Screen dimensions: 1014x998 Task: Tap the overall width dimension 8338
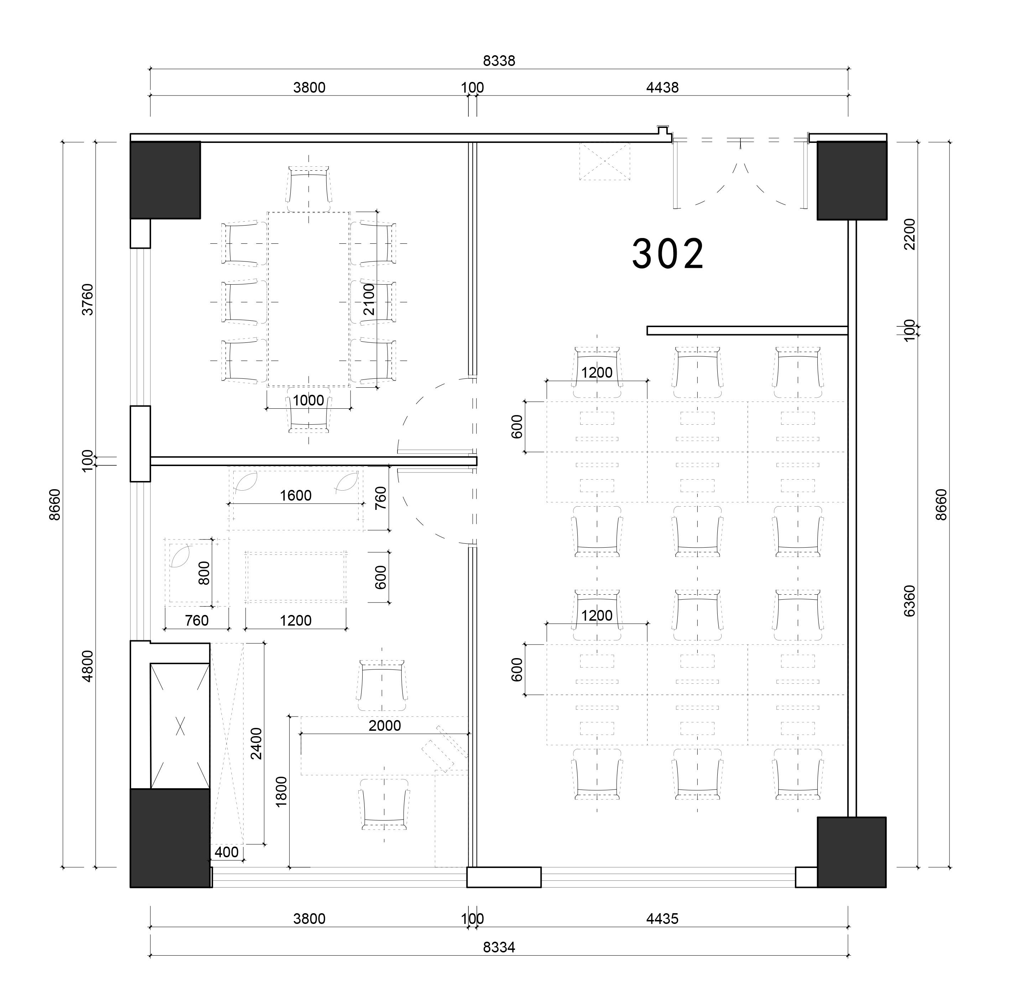pos(499,61)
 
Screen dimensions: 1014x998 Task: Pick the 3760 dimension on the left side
pos(88,299)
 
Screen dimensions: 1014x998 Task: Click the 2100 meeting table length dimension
pos(369,299)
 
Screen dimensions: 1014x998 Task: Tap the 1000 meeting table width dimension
pos(308,400)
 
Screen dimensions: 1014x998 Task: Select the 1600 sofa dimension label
pos(296,495)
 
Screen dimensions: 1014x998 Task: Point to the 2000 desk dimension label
pos(385,725)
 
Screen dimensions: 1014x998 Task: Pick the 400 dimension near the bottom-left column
pos(227,852)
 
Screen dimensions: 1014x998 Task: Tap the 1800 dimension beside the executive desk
pos(281,791)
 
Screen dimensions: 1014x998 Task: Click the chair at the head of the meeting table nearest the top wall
pos(309,185)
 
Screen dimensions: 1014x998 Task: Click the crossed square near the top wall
pos(604,161)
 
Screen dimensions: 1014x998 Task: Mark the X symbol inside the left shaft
pos(180,725)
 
